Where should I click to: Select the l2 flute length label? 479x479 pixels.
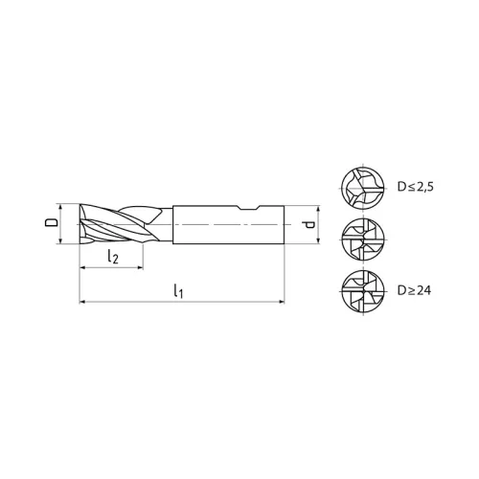click(x=112, y=256)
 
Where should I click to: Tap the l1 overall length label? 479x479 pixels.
click(x=180, y=290)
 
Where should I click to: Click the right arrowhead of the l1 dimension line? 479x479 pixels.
click(x=283, y=302)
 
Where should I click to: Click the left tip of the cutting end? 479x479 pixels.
click(x=80, y=224)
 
